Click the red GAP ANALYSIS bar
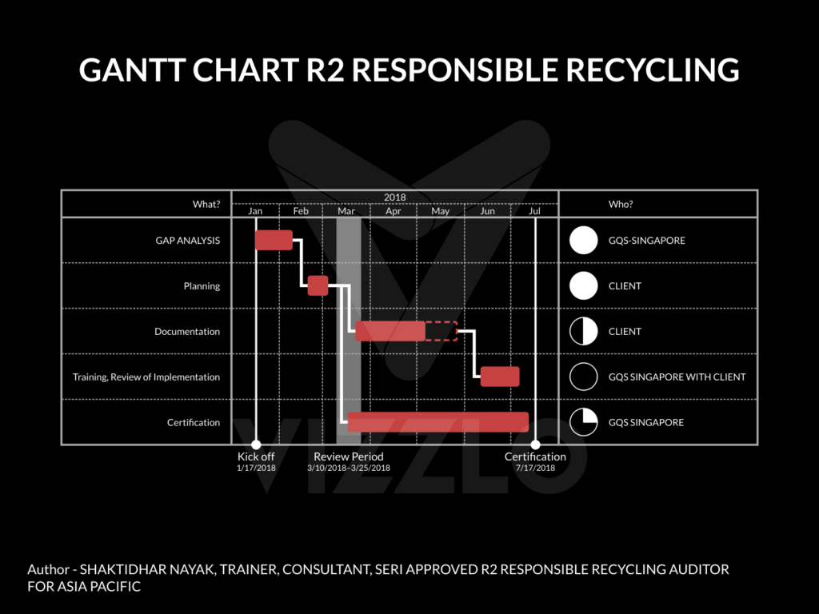274,240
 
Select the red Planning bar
318,285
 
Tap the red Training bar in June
500,377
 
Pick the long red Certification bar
438,421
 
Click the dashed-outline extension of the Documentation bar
441,331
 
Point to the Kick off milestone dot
256,445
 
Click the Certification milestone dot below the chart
536,445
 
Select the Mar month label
346,212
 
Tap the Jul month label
535,212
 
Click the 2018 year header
394,197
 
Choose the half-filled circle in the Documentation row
584,331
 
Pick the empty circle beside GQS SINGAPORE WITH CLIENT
584,377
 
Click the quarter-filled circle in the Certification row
584,422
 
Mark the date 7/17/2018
535,468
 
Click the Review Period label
349,457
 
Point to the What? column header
206,204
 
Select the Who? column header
621,204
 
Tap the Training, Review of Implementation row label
146,377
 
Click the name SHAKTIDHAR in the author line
127,569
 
